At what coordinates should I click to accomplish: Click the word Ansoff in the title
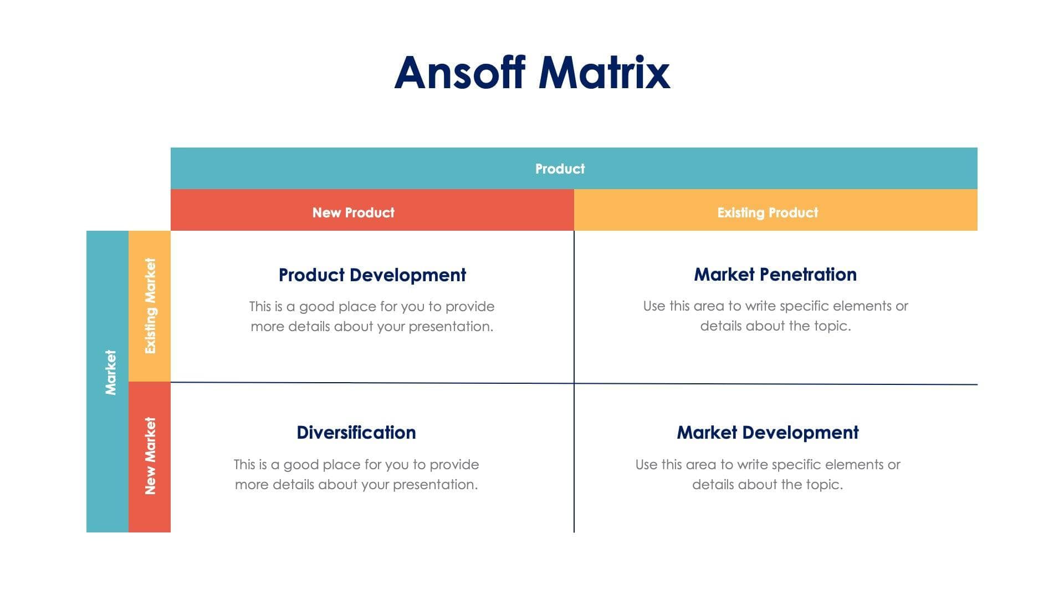pos(459,73)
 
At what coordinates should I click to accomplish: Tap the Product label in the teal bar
pos(560,169)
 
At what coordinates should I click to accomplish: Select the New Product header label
pos(353,212)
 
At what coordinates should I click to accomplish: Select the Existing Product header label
pos(768,212)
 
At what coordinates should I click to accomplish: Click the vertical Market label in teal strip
pos(110,372)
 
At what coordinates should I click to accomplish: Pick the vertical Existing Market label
pos(150,306)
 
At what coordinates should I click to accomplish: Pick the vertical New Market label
pos(150,456)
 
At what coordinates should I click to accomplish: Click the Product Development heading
pos(372,275)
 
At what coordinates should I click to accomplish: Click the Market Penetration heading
pos(775,275)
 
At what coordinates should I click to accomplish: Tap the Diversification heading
pos(356,433)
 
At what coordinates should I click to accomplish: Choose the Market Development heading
pos(768,433)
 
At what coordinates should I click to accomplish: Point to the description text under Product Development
pos(372,316)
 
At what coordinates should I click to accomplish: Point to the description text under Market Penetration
pos(775,316)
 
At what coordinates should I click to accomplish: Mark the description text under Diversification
pos(356,474)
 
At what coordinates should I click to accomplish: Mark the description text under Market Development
pos(768,474)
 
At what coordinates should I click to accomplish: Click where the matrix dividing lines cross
pos(574,383)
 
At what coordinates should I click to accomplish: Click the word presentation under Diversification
pos(434,485)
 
